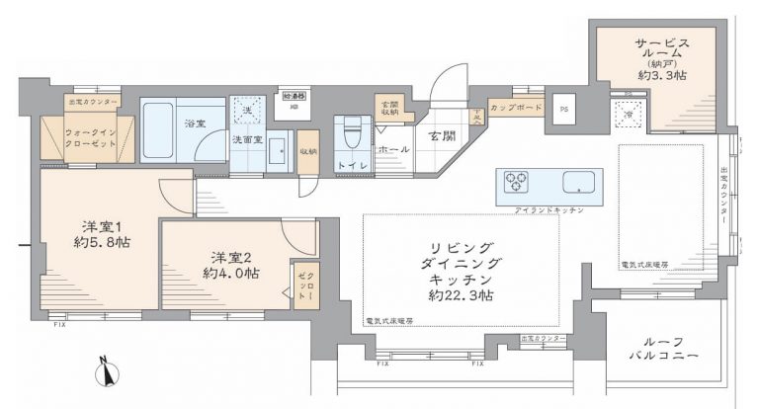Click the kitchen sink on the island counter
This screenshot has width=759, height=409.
click(578, 183)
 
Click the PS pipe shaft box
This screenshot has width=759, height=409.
click(564, 110)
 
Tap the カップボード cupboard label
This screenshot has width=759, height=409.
click(515, 106)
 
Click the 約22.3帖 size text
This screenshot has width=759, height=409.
click(463, 294)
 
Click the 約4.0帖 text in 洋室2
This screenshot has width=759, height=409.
click(232, 273)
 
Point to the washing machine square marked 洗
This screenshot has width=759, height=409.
click(247, 109)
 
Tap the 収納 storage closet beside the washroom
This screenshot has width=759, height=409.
click(308, 151)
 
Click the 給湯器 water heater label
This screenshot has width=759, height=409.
click(295, 95)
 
